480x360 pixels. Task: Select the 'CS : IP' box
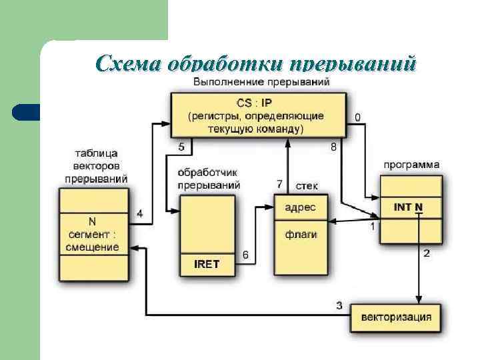point(258,115)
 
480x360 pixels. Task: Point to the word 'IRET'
point(207,264)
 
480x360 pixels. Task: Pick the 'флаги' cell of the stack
point(301,234)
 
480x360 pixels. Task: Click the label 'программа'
point(411,164)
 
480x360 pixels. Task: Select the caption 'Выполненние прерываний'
point(261,83)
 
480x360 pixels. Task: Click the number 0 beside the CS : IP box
point(358,117)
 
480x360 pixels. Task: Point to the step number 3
point(339,306)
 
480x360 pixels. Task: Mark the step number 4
point(139,214)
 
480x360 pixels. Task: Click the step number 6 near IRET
point(245,255)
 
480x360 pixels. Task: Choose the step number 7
point(280,183)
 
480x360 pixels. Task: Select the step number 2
point(427,253)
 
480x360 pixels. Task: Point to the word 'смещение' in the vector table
point(93,247)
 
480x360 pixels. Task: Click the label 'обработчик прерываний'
point(209,179)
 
